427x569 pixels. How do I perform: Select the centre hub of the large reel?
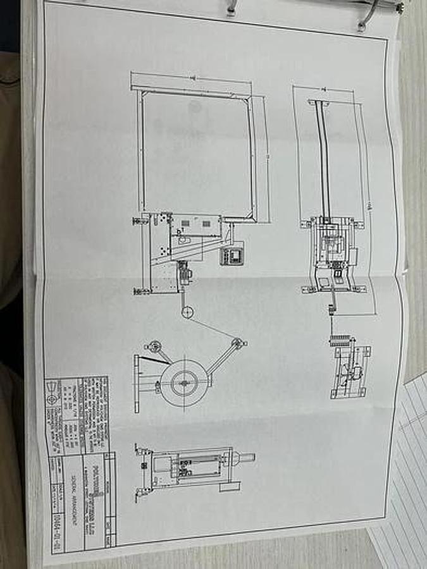[x=184, y=382]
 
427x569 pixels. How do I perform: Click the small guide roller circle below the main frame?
[x=187, y=312]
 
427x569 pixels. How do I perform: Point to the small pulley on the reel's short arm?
[x=152, y=346]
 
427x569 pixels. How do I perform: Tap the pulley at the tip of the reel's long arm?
[x=238, y=342]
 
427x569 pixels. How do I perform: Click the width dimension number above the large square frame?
[x=191, y=78]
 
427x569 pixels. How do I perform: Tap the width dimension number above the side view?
[x=328, y=91]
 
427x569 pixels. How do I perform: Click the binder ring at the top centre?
[x=232, y=8]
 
